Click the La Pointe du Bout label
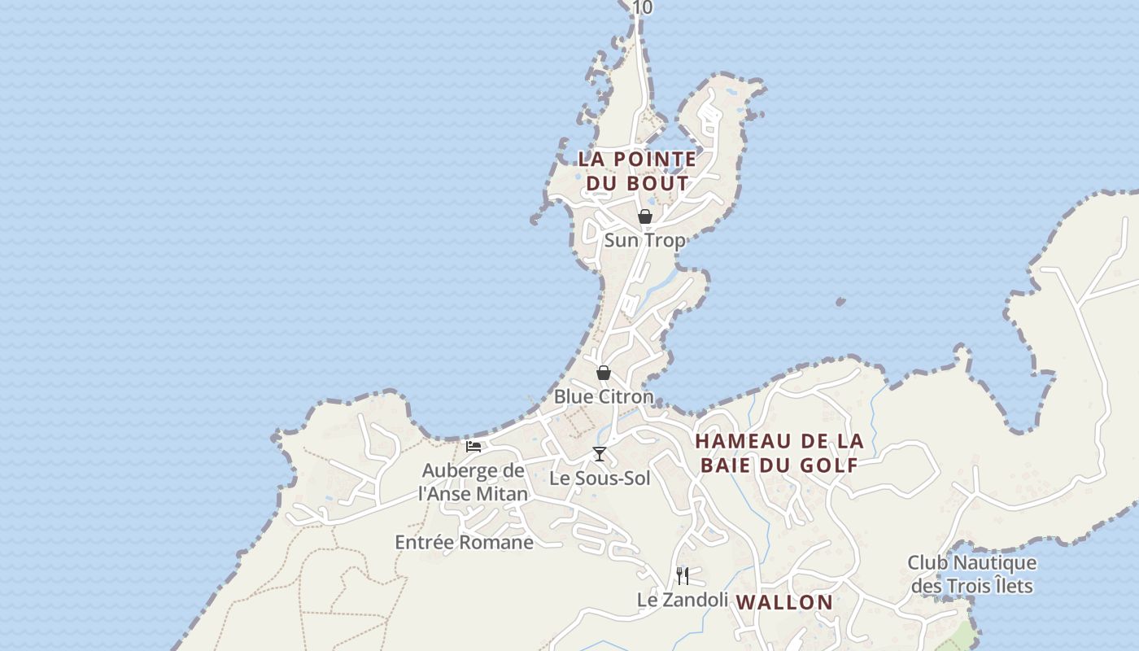(637, 171)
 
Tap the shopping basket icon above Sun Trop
(645, 216)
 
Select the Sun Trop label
(644, 240)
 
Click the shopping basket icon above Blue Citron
(604, 373)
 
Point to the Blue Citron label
(604, 396)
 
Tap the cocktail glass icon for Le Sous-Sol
(600, 454)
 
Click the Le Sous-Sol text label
(600, 478)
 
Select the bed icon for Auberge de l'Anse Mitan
(473, 446)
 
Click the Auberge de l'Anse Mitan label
(473, 482)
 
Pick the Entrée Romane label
(464, 542)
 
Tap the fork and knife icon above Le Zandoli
(683, 576)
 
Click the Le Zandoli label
(682, 600)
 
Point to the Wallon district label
(784, 602)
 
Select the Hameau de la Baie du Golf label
(779, 452)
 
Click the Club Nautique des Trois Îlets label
(972, 574)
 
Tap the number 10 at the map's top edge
(642, 7)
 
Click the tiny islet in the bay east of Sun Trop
(840, 302)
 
